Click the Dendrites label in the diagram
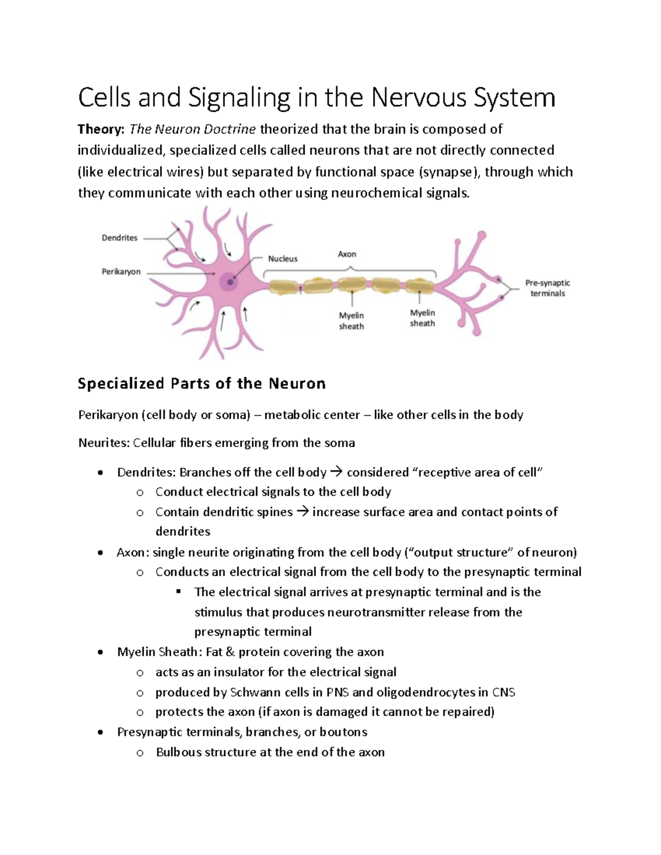(120, 238)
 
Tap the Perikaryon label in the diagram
(121, 271)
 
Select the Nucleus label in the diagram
(283, 259)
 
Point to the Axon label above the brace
(347, 254)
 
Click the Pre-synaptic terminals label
(547, 288)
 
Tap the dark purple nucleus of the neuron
(229, 282)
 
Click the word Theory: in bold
(101, 129)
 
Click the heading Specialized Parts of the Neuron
(202, 383)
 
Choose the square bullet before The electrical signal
(178, 592)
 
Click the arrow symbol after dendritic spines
(302, 512)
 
